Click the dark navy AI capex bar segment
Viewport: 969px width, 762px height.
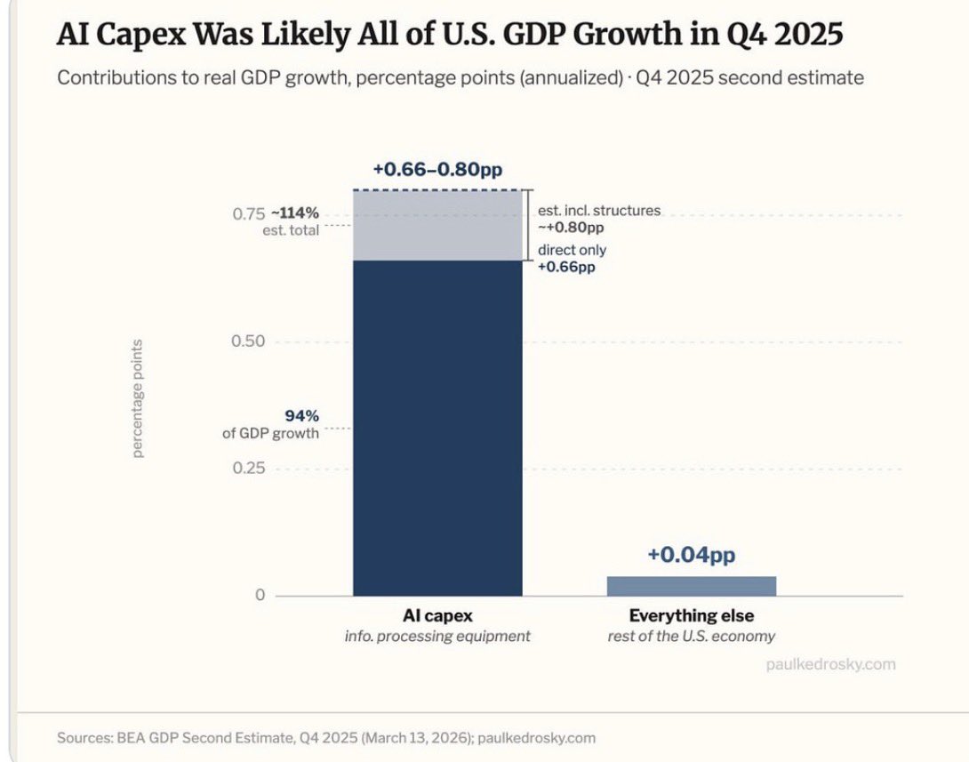pyautogui.click(x=437, y=427)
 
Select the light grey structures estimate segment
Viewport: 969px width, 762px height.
pyautogui.click(x=437, y=226)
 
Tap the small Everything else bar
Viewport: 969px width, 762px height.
pyautogui.click(x=691, y=586)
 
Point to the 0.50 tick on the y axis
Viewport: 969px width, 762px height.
pyautogui.click(x=250, y=342)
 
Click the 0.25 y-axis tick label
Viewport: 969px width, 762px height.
pyautogui.click(x=250, y=469)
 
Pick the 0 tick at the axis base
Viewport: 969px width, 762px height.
pyautogui.click(x=260, y=595)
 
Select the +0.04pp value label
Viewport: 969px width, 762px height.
pyautogui.click(x=691, y=555)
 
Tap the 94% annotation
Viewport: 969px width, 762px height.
pyautogui.click(x=301, y=415)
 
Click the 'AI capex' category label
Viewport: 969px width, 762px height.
pyautogui.click(x=437, y=615)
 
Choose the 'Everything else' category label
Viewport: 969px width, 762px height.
pyautogui.click(x=691, y=615)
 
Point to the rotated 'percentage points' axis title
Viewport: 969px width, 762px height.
pyautogui.click(x=138, y=397)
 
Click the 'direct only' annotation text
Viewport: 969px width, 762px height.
pyautogui.click(x=572, y=251)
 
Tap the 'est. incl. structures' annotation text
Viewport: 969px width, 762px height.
pyautogui.click(x=598, y=211)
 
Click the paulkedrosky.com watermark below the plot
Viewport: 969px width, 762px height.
pyautogui.click(x=829, y=663)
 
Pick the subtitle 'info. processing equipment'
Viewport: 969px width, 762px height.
pyautogui.click(x=437, y=636)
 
